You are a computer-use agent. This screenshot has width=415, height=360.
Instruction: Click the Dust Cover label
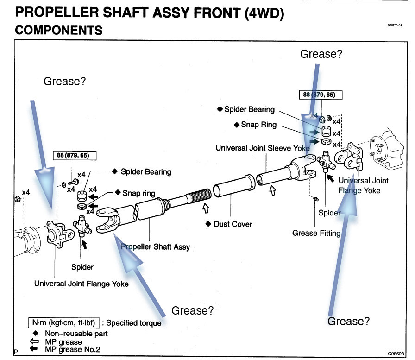(x=233, y=224)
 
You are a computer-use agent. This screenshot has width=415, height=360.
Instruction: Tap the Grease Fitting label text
(x=316, y=233)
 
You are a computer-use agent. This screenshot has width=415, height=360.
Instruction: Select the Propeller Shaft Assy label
(x=155, y=247)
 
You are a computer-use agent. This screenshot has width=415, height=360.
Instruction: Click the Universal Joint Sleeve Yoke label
(x=263, y=148)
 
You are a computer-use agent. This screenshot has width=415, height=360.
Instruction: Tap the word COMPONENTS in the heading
(x=59, y=30)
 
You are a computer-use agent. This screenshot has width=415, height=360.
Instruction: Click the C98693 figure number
(x=396, y=354)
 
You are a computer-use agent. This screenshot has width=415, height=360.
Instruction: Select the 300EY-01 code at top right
(x=395, y=25)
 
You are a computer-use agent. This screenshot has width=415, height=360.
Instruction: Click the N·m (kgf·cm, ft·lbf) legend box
(x=64, y=322)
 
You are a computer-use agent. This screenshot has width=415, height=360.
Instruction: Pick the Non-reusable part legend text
(x=76, y=334)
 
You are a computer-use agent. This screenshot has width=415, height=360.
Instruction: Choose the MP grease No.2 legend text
(x=73, y=349)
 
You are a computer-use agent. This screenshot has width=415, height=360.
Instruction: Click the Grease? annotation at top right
(x=321, y=54)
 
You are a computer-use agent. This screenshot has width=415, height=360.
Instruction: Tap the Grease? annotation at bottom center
(x=192, y=310)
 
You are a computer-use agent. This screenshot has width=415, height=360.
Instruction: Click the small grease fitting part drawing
(x=315, y=198)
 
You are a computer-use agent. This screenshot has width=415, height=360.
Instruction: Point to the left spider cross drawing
(x=82, y=226)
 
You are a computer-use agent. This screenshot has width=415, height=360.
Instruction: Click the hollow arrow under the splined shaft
(x=206, y=208)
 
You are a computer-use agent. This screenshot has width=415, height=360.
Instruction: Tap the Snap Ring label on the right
(x=258, y=125)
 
